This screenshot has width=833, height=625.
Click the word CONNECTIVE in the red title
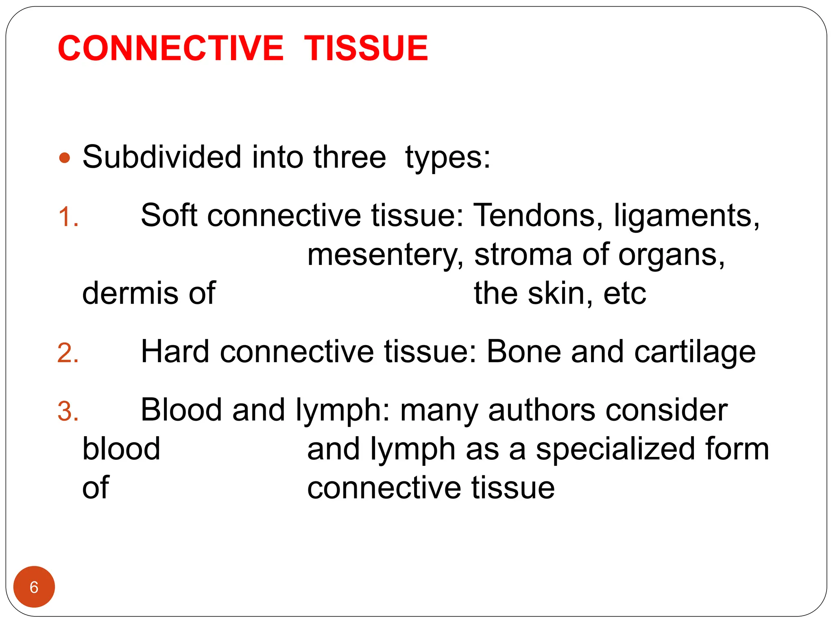171,48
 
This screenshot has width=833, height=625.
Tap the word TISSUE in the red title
366,48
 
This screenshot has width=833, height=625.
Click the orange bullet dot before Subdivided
64,157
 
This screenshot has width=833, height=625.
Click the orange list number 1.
68,217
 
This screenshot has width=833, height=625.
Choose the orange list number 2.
68,353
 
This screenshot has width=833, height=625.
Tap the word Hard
175,352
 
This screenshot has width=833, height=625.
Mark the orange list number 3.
68,411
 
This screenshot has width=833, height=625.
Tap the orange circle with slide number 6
34,587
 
